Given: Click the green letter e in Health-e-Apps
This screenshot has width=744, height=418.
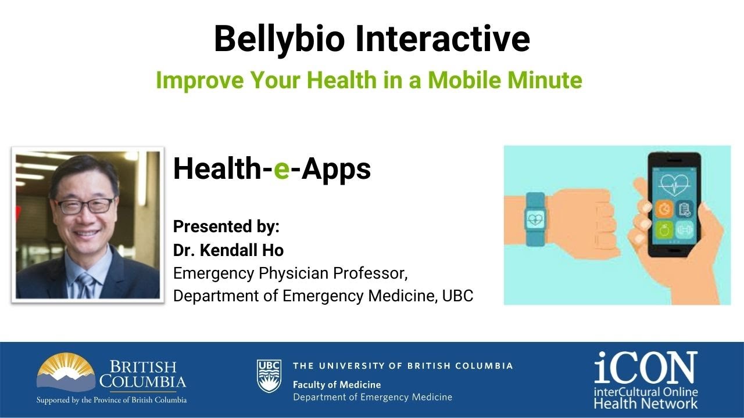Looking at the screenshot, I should (x=281, y=170).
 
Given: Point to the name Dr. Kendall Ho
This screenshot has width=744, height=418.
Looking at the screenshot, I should (x=228, y=250).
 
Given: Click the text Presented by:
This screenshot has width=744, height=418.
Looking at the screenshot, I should (x=226, y=226).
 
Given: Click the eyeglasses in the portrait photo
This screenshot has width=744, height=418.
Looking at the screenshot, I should (x=85, y=205).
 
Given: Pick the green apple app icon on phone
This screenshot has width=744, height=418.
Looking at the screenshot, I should (x=664, y=230).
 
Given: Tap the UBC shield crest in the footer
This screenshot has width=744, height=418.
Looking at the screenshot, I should (x=269, y=376).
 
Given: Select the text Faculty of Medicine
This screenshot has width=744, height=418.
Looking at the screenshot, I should (x=337, y=384).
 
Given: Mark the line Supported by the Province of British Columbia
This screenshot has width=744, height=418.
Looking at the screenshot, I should (x=112, y=400).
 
